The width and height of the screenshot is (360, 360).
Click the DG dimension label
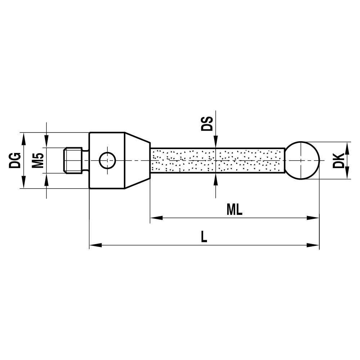pyautogui.click(x=15, y=160)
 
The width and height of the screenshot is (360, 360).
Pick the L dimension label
pyautogui.click(x=204, y=237)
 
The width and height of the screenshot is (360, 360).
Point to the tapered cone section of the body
pyautogui.click(x=137, y=160)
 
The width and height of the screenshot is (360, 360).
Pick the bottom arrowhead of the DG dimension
pyautogui.click(x=24, y=183)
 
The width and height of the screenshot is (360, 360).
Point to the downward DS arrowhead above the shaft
pyautogui.click(x=215, y=143)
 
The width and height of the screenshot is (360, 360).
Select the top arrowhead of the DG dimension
pyautogui.click(x=24, y=137)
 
